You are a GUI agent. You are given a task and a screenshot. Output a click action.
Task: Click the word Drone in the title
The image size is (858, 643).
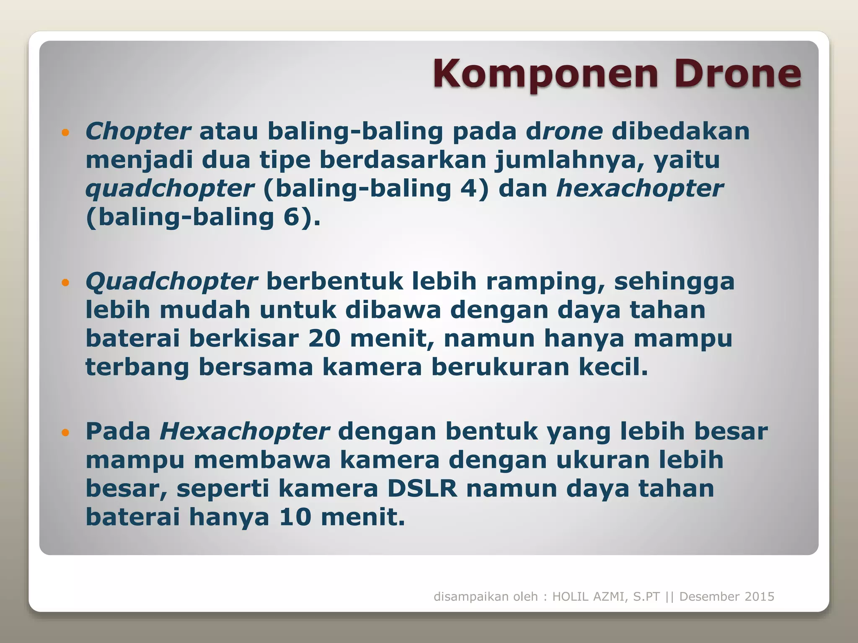pyautogui.click(x=737, y=74)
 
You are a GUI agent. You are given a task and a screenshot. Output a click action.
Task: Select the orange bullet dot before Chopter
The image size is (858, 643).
pyautogui.click(x=65, y=133)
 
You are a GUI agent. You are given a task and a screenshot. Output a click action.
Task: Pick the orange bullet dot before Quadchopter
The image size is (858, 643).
pyautogui.click(x=65, y=283)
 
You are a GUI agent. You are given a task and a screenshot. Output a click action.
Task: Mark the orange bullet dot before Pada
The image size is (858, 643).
pyautogui.click(x=65, y=433)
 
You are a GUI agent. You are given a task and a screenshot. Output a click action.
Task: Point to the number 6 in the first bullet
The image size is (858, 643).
pyautogui.click(x=292, y=217)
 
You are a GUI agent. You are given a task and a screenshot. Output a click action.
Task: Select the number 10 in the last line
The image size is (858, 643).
pyautogui.click(x=295, y=517)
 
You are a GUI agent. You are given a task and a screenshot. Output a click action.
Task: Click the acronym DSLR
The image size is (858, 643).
pyautogui.click(x=422, y=489)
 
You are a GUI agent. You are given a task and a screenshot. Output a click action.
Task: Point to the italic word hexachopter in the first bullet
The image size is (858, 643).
pyautogui.click(x=639, y=188)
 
